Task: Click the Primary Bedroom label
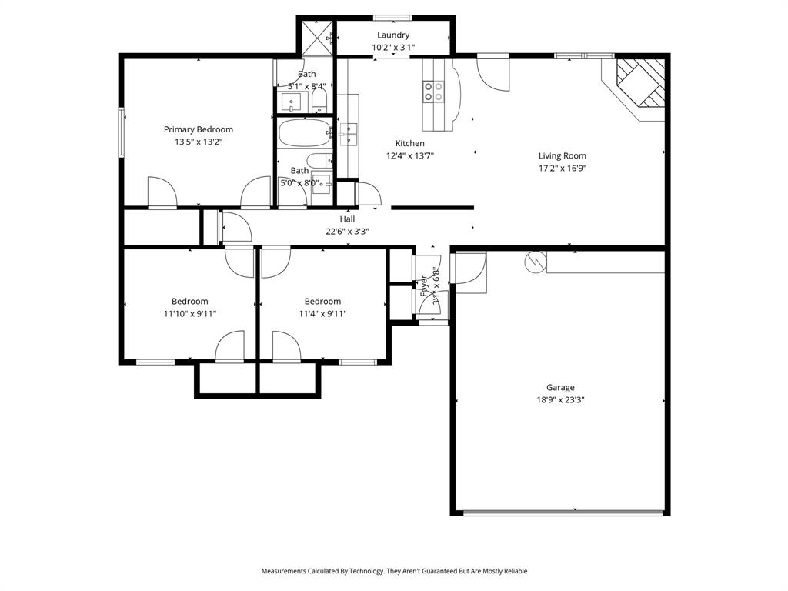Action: pos(198,129)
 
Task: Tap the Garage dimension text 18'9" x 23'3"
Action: pos(560,400)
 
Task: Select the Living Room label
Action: pos(562,155)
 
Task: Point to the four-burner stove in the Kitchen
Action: pos(433,92)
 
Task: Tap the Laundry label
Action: pos(392,35)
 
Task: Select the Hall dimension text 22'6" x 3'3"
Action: pos(347,231)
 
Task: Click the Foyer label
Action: pos(424,285)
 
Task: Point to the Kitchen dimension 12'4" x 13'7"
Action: pos(409,155)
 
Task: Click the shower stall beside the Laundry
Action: pos(316,36)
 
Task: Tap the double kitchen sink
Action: pos(349,133)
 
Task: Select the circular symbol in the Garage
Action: pos(533,262)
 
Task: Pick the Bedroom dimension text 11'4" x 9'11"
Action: pos(322,313)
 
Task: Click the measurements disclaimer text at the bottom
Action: pos(394,571)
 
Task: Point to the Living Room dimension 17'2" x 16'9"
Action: pos(562,168)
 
